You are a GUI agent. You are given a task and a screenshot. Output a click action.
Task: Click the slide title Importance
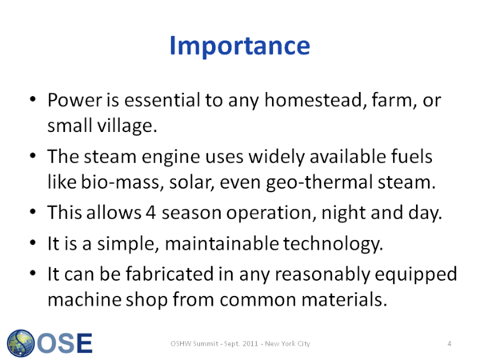[x=240, y=46]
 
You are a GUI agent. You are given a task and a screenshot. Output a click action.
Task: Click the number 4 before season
[x=150, y=213]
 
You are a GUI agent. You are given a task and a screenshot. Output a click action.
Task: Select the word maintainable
[x=222, y=244]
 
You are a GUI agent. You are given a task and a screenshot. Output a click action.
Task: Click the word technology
[x=333, y=244]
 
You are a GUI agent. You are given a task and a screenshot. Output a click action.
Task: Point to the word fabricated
[x=170, y=274]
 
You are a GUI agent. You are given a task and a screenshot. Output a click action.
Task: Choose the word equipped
[x=416, y=274]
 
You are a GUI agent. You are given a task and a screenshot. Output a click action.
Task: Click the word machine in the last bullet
[x=85, y=299]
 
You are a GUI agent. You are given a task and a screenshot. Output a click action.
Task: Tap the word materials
[x=344, y=299]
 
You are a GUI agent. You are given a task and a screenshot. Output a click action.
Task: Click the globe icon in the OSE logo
[x=21, y=343]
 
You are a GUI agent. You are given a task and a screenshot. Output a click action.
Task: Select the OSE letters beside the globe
[x=65, y=343]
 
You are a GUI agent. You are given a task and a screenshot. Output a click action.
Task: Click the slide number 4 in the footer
[x=450, y=343]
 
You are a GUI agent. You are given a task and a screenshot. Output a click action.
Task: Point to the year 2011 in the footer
[x=250, y=343]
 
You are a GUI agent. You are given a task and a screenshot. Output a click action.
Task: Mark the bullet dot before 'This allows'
[x=33, y=212]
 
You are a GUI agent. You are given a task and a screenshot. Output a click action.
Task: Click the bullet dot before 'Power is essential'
[x=33, y=99]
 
